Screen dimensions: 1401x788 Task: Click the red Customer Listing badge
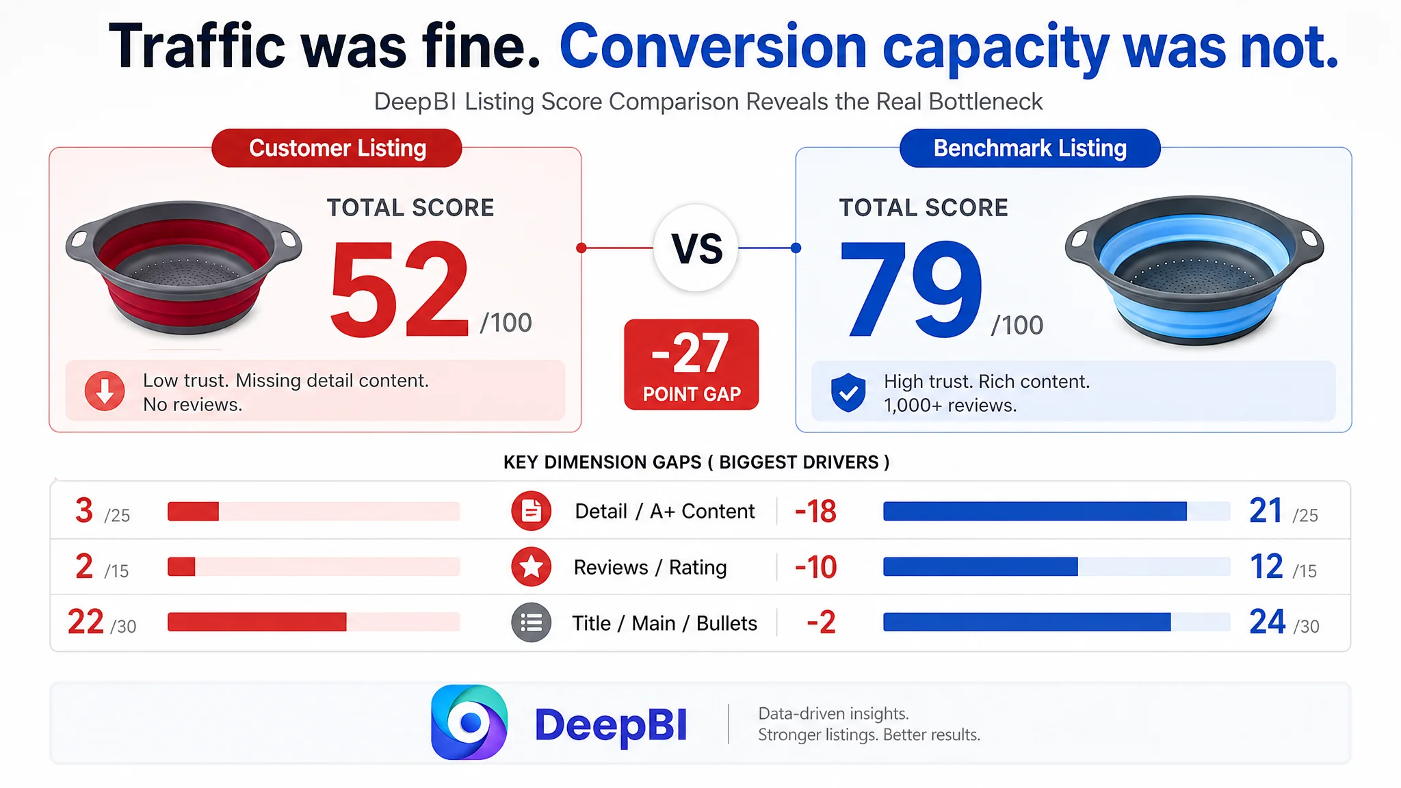pyautogui.click(x=337, y=148)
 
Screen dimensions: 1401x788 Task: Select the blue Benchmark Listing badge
pyautogui.click(x=1030, y=148)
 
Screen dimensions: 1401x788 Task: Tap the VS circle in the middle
pyautogui.click(x=696, y=248)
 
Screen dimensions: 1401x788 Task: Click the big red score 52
pyautogui.click(x=400, y=289)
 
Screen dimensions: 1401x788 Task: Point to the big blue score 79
pyautogui.click(x=911, y=289)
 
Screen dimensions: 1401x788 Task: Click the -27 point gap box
pyautogui.click(x=692, y=365)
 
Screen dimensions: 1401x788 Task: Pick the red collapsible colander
pyautogui.click(x=184, y=267)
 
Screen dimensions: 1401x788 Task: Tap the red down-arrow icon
pyautogui.click(x=105, y=391)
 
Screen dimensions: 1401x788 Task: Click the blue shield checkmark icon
pyautogui.click(x=848, y=393)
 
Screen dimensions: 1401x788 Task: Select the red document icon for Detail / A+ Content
pyautogui.click(x=531, y=511)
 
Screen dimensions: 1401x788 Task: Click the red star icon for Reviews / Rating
pyautogui.click(x=531, y=567)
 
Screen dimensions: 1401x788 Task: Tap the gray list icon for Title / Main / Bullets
pyautogui.click(x=531, y=622)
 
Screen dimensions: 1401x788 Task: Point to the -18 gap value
pyautogui.click(x=815, y=512)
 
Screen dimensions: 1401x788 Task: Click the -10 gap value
pyautogui.click(x=815, y=567)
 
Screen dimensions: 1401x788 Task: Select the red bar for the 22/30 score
pyautogui.click(x=257, y=622)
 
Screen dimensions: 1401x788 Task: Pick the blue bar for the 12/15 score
pyautogui.click(x=980, y=566)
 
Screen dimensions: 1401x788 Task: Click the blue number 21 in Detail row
pyautogui.click(x=1266, y=510)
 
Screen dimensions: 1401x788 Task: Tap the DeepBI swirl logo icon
pyautogui.click(x=469, y=722)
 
